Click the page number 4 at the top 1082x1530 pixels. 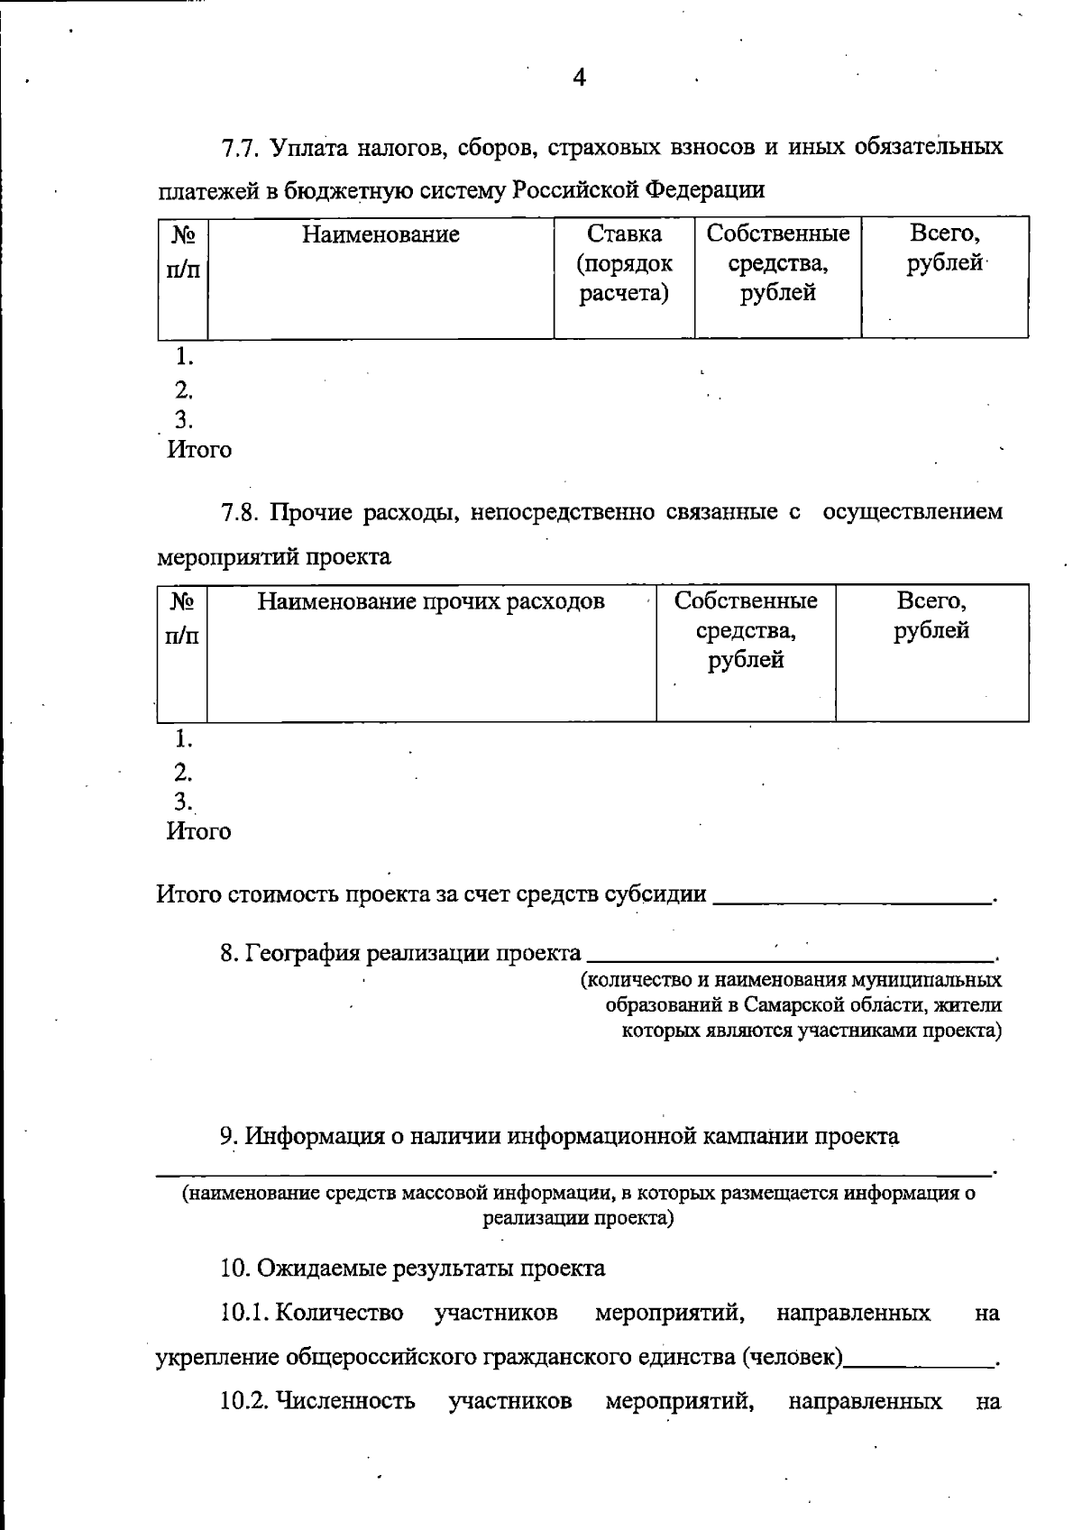(x=579, y=78)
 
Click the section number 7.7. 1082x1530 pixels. (x=242, y=148)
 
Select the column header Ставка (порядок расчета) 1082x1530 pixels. (x=624, y=263)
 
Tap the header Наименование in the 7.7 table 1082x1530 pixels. (x=381, y=235)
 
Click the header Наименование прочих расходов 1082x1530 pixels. (x=431, y=601)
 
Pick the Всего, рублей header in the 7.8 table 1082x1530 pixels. (x=931, y=616)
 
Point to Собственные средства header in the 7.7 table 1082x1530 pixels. (x=777, y=263)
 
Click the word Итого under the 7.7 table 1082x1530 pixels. (x=199, y=450)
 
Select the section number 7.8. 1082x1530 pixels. (x=242, y=513)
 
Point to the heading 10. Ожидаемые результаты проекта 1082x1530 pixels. (x=413, y=1269)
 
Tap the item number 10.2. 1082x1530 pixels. (x=244, y=1401)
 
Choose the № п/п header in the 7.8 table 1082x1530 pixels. (x=183, y=618)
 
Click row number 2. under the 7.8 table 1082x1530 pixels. (x=184, y=772)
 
